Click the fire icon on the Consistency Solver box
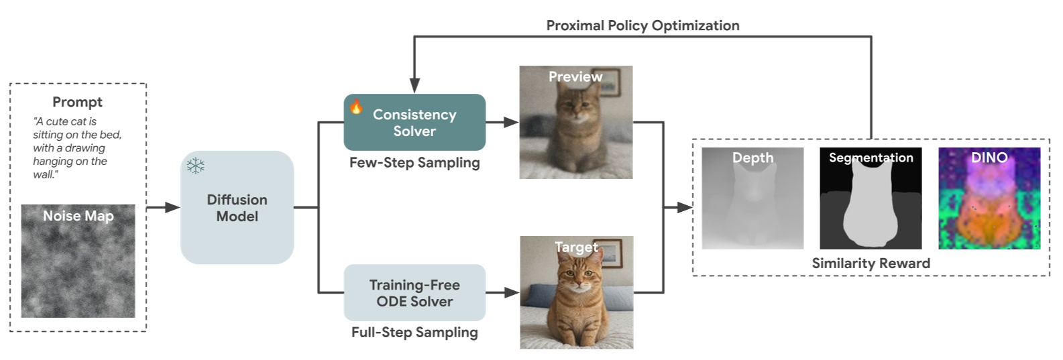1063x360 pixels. pos(356,106)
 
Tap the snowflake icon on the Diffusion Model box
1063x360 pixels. pos(195,166)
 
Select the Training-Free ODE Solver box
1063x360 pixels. pos(414,293)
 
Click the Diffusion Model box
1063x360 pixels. pos(237,208)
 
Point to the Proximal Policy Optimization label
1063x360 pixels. pos(642,25)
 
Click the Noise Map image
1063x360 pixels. pos(78,261)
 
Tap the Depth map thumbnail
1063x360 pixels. pos(752,198)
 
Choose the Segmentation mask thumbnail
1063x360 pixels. pos(871,198)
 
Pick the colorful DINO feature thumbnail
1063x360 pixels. pos(989,198)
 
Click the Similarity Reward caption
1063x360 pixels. pos(871,263)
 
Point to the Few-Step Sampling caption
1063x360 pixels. pos(414,163)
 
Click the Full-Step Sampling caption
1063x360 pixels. pos(414,333)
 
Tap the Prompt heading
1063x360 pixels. pos(77,102)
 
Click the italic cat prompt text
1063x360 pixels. pos(76,147)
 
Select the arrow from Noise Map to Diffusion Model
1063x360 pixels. pos(163,208)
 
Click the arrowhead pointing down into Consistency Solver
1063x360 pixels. pos(414,86)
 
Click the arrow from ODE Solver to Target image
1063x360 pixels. pos(502,292)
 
